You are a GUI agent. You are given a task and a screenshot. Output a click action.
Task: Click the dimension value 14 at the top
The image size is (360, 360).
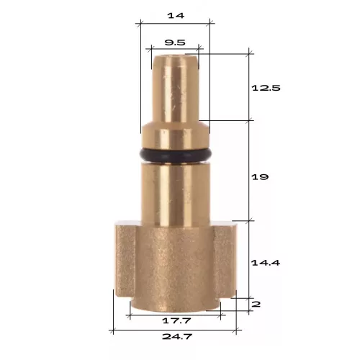point(176,16)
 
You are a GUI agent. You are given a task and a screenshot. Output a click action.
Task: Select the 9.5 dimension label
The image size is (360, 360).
point(175,42)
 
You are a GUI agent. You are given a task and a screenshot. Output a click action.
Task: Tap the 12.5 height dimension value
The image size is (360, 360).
point(266,88)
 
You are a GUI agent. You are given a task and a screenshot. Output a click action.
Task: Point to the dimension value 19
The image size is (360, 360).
point(260,177)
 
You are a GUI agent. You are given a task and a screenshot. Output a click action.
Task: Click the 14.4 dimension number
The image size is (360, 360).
point(266,263)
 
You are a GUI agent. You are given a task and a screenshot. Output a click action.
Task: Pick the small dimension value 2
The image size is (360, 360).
point(256,305)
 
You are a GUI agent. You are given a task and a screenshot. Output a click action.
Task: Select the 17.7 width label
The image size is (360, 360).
point(176,320)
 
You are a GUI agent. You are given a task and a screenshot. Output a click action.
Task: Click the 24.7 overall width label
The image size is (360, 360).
point(177,336)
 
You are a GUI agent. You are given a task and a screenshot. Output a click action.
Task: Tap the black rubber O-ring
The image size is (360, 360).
point(176,156)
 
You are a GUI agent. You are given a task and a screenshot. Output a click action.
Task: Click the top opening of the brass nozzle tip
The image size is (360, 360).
point(175,57)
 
